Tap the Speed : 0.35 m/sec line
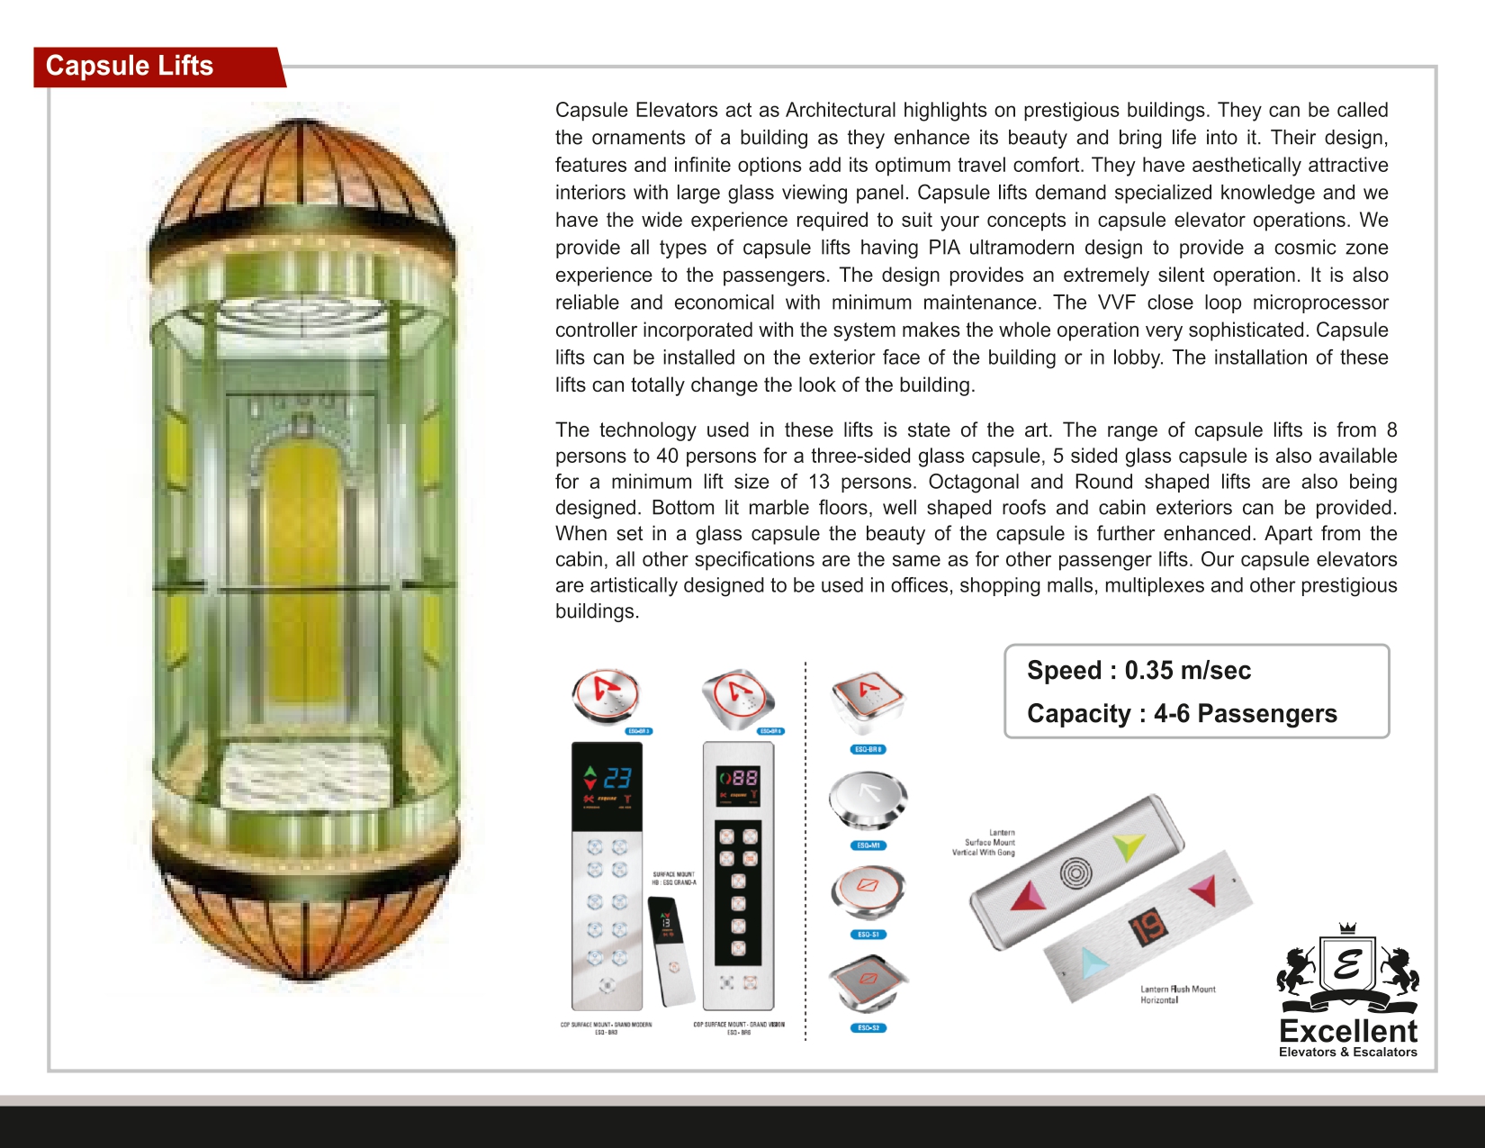(1138, 671)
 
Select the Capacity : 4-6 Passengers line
(1182, 714)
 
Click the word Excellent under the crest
(1347, 1031)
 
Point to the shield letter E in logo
(1347, 964)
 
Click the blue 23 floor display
(617, 778)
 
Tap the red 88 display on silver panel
(744, 777)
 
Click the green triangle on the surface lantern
(1127, 846)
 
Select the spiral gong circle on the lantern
(1076, 872)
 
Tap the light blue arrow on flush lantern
(1092, 963)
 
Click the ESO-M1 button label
(868, 845)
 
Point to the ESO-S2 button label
(868, 1027)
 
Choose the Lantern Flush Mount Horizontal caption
(1177, 994)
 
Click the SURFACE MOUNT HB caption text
(673, 878)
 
